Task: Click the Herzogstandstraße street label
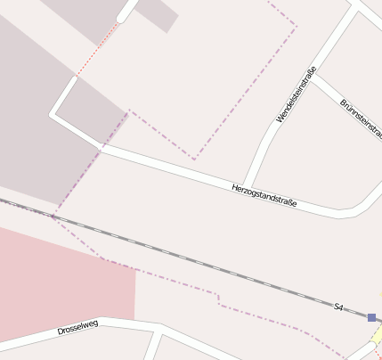264,196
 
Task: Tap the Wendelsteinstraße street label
297,94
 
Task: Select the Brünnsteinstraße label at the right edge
362,119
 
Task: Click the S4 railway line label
338,307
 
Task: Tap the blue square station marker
371,316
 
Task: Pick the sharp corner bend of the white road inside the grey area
53,114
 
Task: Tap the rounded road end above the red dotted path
122,17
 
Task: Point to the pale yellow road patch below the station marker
377,336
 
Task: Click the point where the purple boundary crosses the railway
53,215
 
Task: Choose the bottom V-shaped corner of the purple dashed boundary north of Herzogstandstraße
194,159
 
